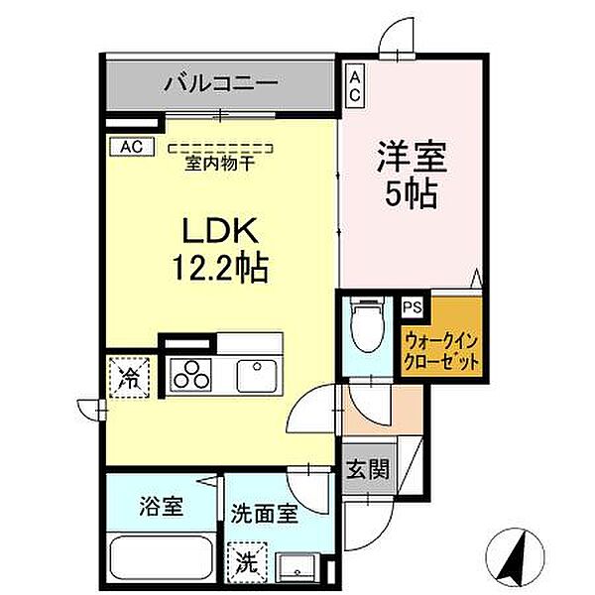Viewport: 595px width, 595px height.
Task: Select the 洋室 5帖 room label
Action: [410, 175]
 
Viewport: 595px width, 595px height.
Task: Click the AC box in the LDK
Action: [132, 147]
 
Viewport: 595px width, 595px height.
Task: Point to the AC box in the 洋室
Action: [355, 83]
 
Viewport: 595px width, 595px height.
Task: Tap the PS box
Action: [413, 307]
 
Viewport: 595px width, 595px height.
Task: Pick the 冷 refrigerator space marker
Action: [131, 377]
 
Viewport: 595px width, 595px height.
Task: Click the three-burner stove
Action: [191, 375]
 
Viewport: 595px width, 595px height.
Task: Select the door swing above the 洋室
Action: [400, 35]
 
